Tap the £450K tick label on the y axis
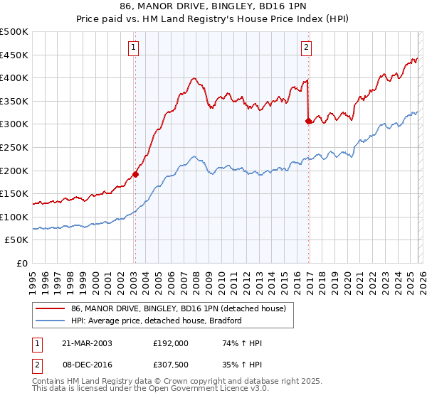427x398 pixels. pyautogui.click(x=14, y=55)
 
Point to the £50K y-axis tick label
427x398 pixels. pyautogui.click(x=16, y=240)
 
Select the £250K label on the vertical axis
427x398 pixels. pyautogui.click(x=14, y=147)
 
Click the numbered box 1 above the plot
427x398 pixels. pyautogui.click(x=134, y=48)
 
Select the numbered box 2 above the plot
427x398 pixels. pyautogui.click(x=306, y=48)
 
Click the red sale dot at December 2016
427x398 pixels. pyautogui.click(x=308, y=121)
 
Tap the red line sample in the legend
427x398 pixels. pyautogui.click(x=51, y=308)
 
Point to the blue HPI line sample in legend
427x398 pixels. pyautogui.click(x=51, y=321)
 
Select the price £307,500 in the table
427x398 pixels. pyautogui.click(x=170, y=365)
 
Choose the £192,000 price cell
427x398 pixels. pyautogui.click(x=170, y=343)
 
